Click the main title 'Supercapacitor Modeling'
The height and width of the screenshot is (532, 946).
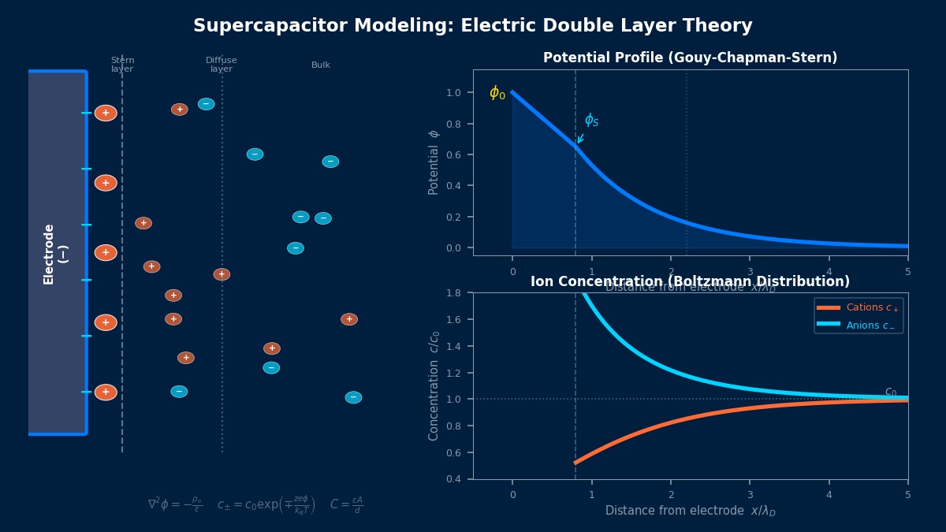coord(472,26)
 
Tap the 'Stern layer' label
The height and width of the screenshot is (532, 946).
coord(122,65)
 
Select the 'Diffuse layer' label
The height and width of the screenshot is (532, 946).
coord(222,65)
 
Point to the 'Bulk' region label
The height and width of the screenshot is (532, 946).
coord(321,65)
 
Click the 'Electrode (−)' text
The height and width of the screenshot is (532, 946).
coord(55,254)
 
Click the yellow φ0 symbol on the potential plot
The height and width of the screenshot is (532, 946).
coord(497,93)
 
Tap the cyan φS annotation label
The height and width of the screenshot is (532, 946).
coord(591,120)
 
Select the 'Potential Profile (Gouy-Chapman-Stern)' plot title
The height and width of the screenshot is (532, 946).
coord(690,58)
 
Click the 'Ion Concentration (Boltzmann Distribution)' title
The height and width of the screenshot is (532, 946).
coord(690,282)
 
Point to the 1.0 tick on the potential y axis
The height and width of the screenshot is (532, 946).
coord(453,93)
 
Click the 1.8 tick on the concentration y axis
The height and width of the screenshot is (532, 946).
coord(453,293)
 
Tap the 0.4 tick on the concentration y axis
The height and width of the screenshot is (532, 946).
coord(453,479)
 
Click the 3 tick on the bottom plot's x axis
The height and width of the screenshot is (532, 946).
coord(750,494)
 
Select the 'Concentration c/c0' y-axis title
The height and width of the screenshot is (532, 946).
coord(434,386)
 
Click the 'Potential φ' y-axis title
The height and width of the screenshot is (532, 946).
coord(434,162)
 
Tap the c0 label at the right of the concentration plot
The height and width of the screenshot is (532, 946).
coord(891,392)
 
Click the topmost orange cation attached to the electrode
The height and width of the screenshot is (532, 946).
coord(106,113)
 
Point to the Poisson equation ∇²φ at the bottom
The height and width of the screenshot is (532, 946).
coord(175,504)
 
